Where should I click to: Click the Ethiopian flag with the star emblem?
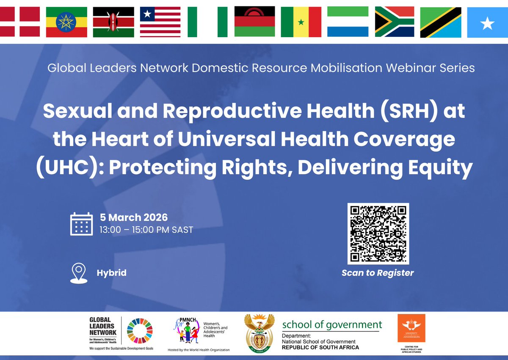click(66, 22)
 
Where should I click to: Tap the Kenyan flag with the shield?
click(113, 22)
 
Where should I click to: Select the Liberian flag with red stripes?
click(160, 22)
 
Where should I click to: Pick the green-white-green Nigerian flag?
click(207, 22)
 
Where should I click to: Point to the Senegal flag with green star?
click(301, 22)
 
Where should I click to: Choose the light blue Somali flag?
click(488, 22)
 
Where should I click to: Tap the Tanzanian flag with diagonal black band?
click(440, 22)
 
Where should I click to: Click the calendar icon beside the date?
click(81, 224)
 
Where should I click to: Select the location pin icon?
click(78, 273)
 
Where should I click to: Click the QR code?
click(378, 234)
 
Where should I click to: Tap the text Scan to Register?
click(378, 273)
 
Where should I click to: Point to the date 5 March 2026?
click(134, 218)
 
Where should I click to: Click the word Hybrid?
click(111, 273)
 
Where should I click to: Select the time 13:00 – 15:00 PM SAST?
click(146, 230)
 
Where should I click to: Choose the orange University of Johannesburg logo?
click(411, 329)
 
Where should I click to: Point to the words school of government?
click(332, 325)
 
